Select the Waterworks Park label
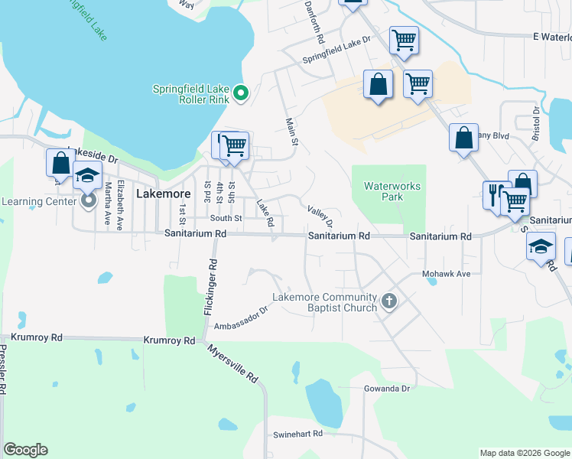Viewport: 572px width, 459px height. [393, 191]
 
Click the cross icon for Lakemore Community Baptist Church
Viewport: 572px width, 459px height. [388, 301]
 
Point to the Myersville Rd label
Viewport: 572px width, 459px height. [232, 362]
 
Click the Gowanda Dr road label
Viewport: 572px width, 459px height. [388, 389]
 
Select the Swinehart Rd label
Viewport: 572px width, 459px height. [298, 434]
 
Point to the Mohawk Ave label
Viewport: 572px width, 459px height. [446, 273]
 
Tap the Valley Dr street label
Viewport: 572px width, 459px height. [320, 216]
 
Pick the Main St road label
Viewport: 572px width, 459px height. [291, 131]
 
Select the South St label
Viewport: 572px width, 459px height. [226, 218]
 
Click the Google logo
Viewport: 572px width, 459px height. [25, 450]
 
